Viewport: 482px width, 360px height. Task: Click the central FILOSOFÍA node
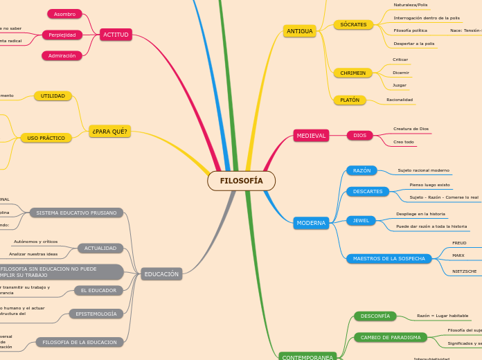click(241, 181)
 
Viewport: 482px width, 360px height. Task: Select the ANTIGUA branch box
click(300, 31)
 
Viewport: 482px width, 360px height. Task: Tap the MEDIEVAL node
click(311, 136)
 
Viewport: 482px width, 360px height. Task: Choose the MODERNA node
click(311, 223)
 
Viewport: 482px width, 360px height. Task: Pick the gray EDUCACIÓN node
click(161, 274)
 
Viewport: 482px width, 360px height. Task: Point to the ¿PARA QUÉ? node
click(109, 131)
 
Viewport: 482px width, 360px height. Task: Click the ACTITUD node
click(116, 35)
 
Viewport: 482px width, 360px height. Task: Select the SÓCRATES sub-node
click(353, 25)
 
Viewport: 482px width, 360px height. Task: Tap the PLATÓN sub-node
click(350, 100)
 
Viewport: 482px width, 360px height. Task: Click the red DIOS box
click(360, 136)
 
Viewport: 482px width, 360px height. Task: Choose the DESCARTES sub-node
click(368, 191)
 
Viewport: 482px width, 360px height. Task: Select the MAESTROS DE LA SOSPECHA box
click(389, 258)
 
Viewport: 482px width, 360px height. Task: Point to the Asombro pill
click(64, 14)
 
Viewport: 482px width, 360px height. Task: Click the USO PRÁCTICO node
click(46, 138)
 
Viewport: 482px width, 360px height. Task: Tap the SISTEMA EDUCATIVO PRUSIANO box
click(76, 213)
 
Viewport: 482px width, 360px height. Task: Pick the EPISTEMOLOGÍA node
click(96, 314)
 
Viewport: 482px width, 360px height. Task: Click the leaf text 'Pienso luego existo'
click(429, 185)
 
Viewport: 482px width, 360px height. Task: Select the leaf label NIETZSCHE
click(464, 271)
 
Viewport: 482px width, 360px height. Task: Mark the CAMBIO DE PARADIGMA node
click(391, 337)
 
